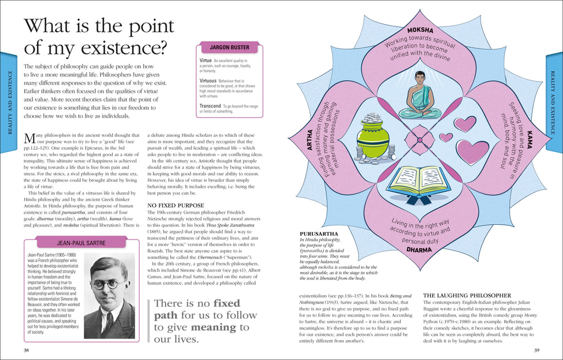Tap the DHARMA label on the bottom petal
point(420,250)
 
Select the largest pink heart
point(472,152)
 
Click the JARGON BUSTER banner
point(229,48)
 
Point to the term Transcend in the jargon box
point(210,106)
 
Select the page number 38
point(26,350)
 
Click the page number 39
point(537,350)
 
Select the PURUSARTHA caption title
point(318,234)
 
